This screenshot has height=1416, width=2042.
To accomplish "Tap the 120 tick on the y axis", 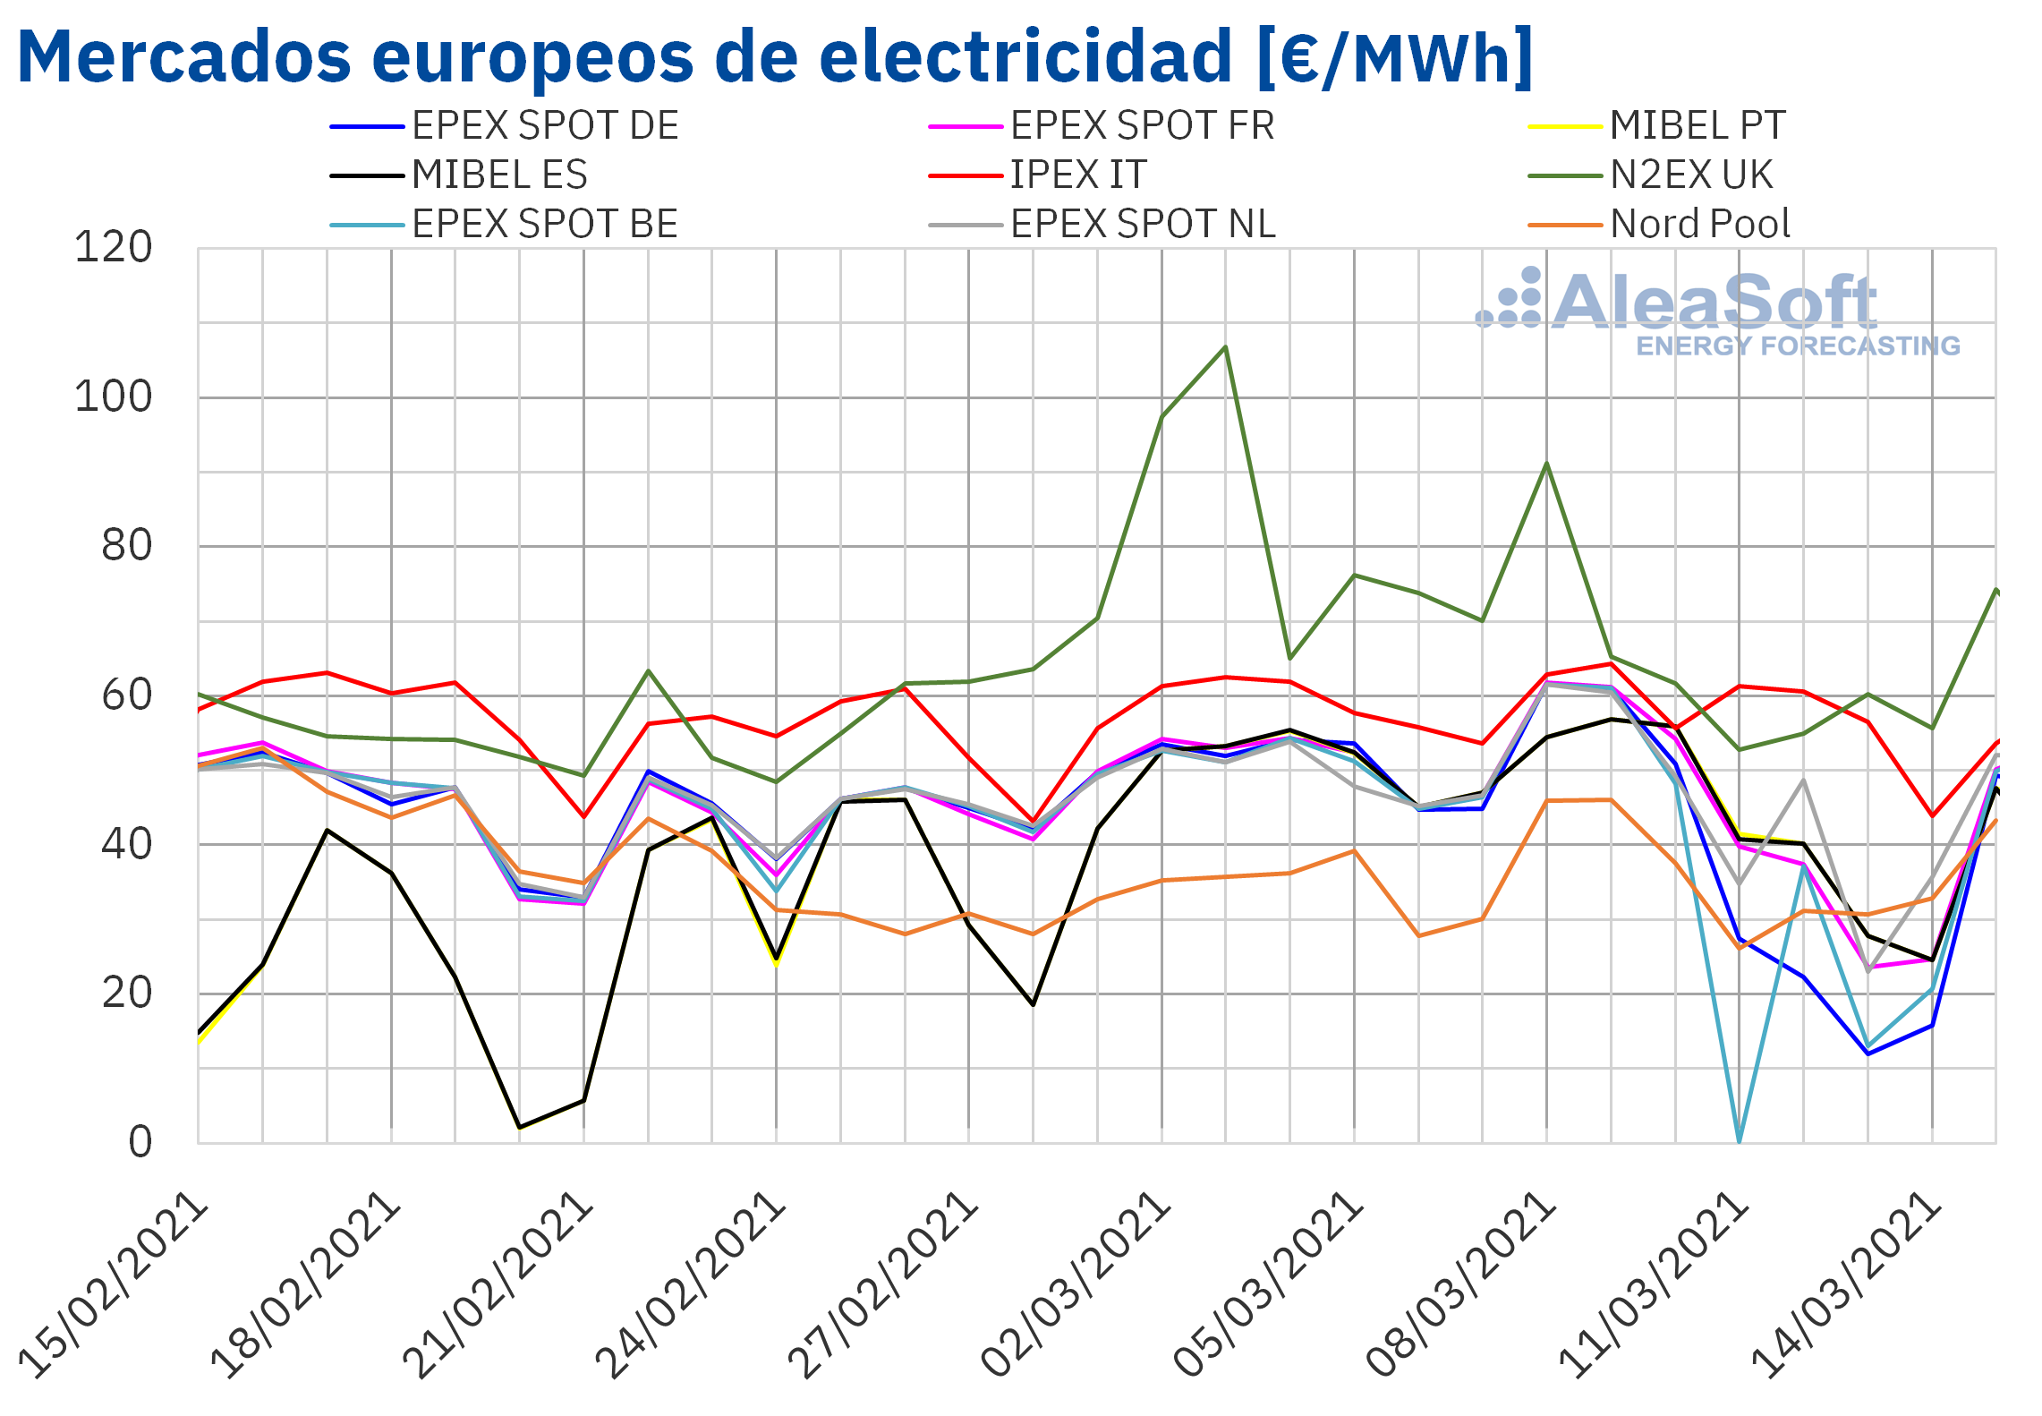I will [114, 248].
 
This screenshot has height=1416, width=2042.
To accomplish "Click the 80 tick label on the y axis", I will [127, 546].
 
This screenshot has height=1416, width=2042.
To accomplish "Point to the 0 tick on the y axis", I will [140, 1142].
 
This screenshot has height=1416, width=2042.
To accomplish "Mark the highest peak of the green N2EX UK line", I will [1225, 347].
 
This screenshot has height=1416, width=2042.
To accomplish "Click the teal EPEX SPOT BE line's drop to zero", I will [1739, 1139].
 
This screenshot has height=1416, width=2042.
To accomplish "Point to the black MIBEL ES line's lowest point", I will [520, 1127].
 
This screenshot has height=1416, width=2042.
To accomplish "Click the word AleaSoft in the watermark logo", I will [1713, 303].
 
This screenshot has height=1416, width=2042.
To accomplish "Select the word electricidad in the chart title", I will [1025, 56].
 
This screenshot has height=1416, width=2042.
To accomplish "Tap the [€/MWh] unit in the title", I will [1394, 56].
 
